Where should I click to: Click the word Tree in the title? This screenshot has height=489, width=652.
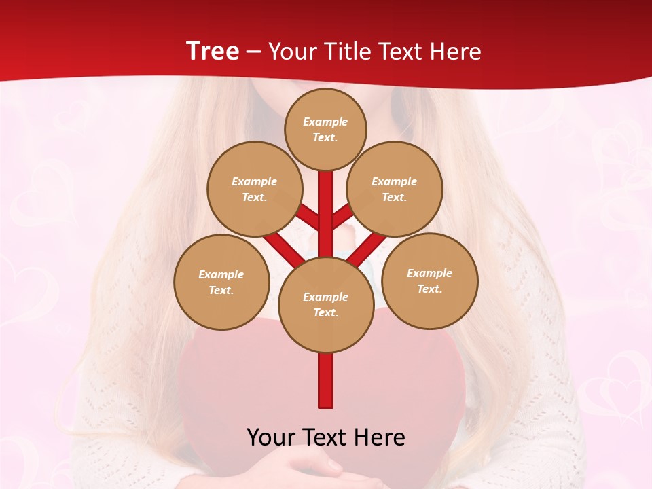tap(213, 52)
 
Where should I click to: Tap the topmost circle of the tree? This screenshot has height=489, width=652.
tap(325, 129)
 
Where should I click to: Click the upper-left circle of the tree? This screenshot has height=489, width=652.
tap(254, 189)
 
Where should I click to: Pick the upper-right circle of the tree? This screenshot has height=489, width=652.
tap(395, 189)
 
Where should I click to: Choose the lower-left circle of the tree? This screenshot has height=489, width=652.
tap(221, 282)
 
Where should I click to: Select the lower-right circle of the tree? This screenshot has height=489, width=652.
tap(430, 280)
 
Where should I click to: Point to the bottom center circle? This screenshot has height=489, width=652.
tap(325, 305)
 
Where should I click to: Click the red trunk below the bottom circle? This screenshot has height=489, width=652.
tap(325, 380)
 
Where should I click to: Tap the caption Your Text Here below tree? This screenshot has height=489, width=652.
tap(325, 437)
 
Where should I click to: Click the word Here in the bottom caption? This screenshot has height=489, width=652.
tap(382, 437)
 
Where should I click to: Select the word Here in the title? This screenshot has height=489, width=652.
tap(458, 52)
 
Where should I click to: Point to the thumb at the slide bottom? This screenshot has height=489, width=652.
tap(331, 467)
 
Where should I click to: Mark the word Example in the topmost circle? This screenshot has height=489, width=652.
tap(325, 122)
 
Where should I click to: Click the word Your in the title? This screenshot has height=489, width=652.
tap(290, 52)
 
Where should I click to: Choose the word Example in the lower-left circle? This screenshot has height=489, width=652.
tap(221, 275)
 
